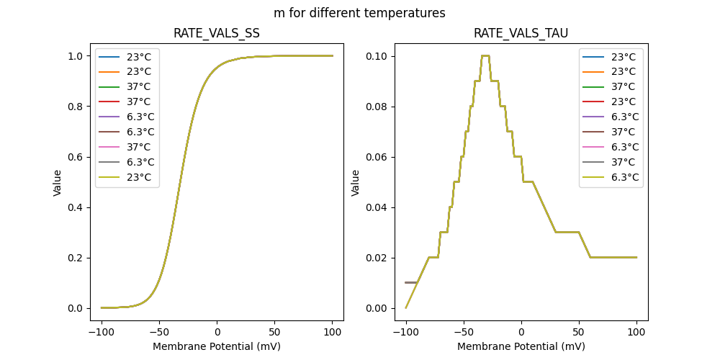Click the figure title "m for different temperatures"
click(x=359, y=13)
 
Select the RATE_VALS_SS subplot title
click(x=217, y=34)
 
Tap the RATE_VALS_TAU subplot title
click(x=521, y=34)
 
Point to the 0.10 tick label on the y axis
click(x=377, y=56)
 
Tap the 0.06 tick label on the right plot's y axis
click(x=377, y=157)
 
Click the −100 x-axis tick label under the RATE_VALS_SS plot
click(x=102, y=333)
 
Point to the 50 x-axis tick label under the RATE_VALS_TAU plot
click(x=579, y=333)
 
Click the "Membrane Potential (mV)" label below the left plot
click(x=217, y=346)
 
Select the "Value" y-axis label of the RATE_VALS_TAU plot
click(x=356, y=183)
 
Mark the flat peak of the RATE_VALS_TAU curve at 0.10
click(x=485, y=55)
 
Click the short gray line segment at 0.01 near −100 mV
click(x=410, y=282)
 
